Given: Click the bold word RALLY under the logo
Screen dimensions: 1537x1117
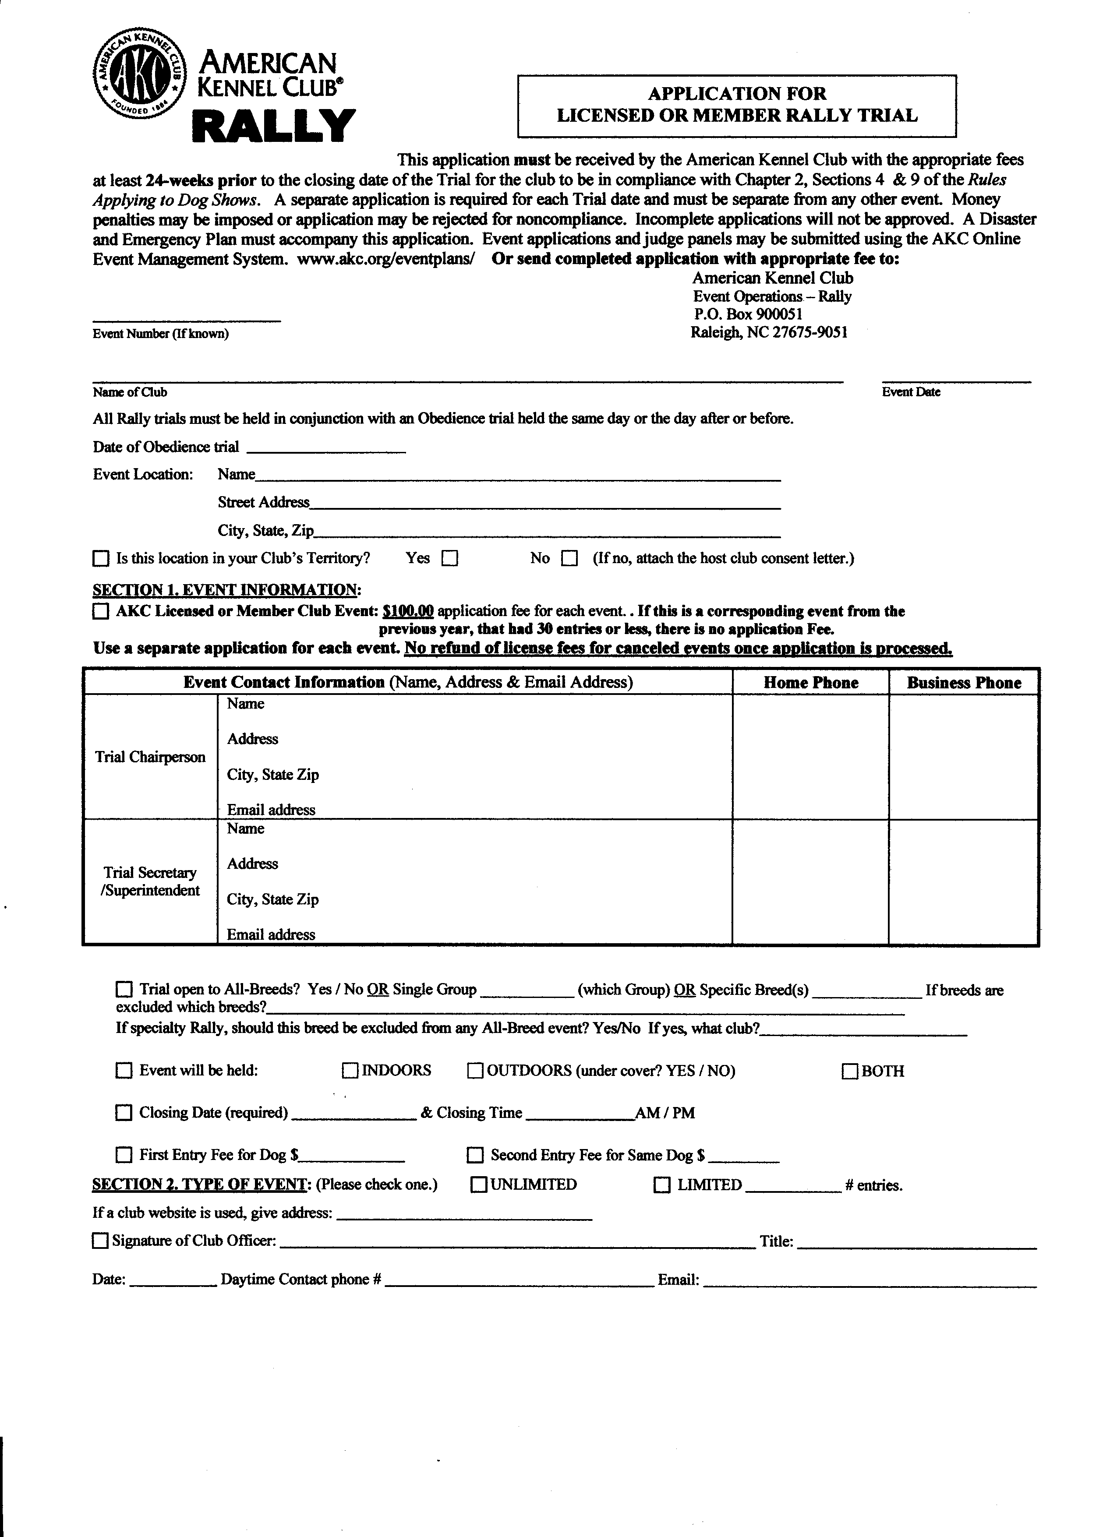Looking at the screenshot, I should [275, 126].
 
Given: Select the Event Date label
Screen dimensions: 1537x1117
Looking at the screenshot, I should [911, 392].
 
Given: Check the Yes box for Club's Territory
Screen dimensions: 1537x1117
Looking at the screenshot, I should [450, 559].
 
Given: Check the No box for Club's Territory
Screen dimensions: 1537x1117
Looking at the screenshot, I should [570, 559].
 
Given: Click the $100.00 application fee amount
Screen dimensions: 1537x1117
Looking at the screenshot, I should [408, 611].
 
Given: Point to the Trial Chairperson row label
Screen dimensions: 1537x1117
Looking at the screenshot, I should [150, 757].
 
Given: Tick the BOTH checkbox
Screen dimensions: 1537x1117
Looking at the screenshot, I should [850, 1072].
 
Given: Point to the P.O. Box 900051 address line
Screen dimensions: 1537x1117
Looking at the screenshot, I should [748, 314].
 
